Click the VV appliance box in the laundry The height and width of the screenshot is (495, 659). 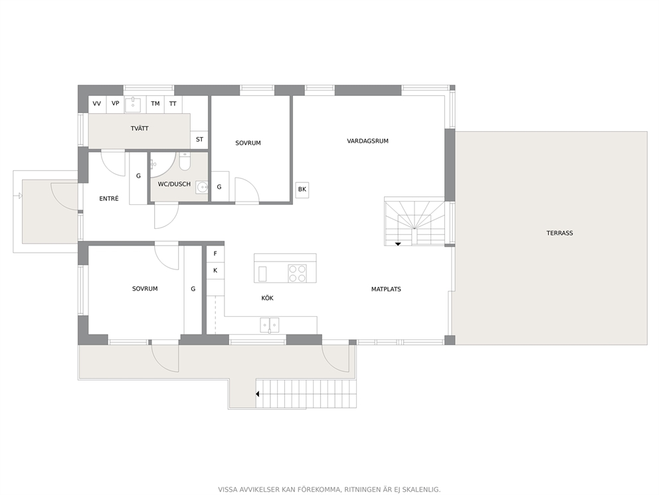[x=97, y=104]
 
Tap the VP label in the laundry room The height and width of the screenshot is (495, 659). [x=115, y=103]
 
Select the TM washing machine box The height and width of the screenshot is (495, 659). [x=155, y=104]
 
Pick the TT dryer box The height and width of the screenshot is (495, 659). [x=173, y=104]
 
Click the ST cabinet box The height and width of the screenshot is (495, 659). [x=199, y=139]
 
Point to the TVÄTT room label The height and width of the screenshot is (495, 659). [x=140, y=128]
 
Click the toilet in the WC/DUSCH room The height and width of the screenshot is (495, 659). [x=185, y=162]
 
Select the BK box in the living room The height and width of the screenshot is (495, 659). [x=302, y=190]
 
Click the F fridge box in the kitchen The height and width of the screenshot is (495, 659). [x=215, y=253]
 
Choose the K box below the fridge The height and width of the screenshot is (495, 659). [x=215, y=270]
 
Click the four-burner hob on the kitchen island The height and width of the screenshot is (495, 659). [x=297, y=273]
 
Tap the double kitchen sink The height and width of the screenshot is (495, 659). [x=270, y=325]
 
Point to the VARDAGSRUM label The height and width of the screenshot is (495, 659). [x=368, y=141]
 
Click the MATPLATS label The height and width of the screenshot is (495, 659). [x=386, y=289]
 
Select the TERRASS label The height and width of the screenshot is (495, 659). [x=560, y=233]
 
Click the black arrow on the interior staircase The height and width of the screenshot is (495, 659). [x=398, y=244]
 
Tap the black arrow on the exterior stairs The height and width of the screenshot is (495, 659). [x=257, y=394]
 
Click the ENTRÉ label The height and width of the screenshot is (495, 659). [x=109, y=199]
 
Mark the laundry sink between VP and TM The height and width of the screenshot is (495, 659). [x=134, y=104]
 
